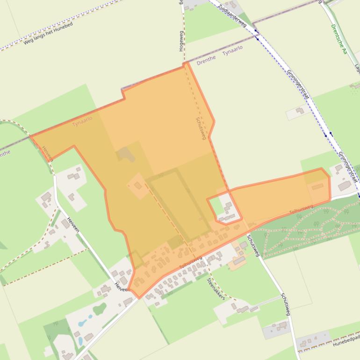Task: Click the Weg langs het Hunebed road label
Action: pyautogui.click(x=48, y=33)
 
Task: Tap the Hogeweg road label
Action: pyautogui.click(x=181, y=41)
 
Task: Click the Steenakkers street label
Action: pyautogui.click(x=216, y=289)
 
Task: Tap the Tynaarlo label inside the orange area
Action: pyautogui.click(x=82, y=122)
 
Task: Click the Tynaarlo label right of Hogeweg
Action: pyautogui.click(x=232, y=51)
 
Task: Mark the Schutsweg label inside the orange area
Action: pyautogui.click(x=200, y=128)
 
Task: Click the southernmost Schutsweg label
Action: pyautogui.click(x=285, y=304)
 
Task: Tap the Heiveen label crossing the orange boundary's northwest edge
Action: pyautogui.click(x=48, y=154)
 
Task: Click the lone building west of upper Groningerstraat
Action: pyautogui.click(x=299, y=111)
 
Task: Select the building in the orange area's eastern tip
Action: pyautogui.click(x=317, y=187)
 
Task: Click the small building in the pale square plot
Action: pyautogui.click(x=138, y=186)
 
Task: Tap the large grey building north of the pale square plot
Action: pyautogui.click(x=125, y=154)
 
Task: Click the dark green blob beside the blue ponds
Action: pyautogui.click(x=100, y=309)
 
